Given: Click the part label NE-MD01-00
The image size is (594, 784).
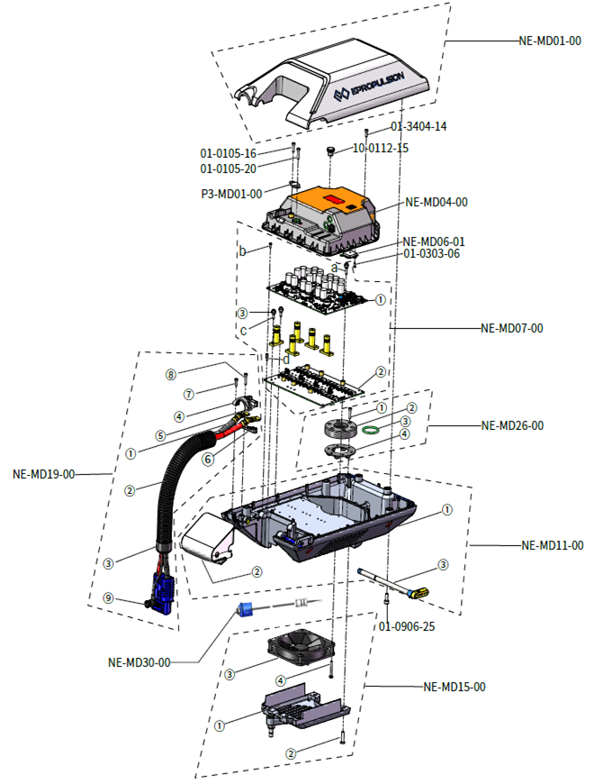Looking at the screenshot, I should click(x=550, y=41).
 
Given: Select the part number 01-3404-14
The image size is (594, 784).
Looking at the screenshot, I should click(x=418, y=127).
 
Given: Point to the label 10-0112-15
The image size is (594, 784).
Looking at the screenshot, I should click(x=380, y=148).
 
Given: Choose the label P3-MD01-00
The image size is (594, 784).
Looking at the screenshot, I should click(x=230, y=193).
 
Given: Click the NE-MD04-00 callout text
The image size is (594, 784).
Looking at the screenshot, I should click(x=436, y=203).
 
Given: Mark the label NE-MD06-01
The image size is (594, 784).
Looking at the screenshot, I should click(x=434, y=242).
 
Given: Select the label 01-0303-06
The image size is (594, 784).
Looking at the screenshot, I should click(x=432, y=254).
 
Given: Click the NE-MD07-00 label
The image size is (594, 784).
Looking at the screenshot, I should click(x=511, y=329).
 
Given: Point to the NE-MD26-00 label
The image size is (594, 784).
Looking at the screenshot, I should click(x=512, y=425).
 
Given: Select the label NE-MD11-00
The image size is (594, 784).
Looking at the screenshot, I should click(x=553, y=545).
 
